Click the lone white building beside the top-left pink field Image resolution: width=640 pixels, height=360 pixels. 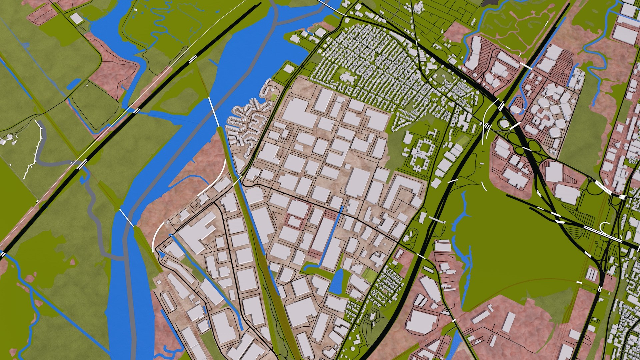coord(76,19)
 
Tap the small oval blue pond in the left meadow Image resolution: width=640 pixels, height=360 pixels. coord(74,84)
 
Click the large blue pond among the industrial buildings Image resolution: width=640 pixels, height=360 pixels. coord(337,282)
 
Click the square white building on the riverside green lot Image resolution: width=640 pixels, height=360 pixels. coord(289,69)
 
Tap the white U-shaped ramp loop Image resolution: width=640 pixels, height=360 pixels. coord(605,227)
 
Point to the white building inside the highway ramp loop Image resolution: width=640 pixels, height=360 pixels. coord(504,124)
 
